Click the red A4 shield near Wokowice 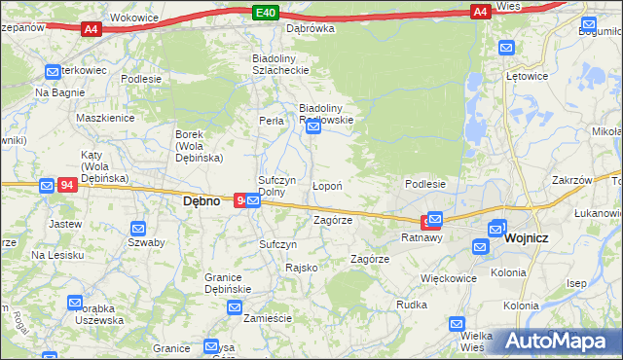[x=91, y=29]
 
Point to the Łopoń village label [x=326, y=185]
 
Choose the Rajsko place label [x=301, y=267]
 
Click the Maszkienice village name [x=105, y=118]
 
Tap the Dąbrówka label [x=310, y=28]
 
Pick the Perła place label [x=271, y=121]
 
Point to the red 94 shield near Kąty [x=67, y=185]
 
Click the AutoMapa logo [x=555, y=341]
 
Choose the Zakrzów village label [x=571, y=180]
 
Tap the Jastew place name [x=64, y=223]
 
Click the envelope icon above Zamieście [x=235, y=307]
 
